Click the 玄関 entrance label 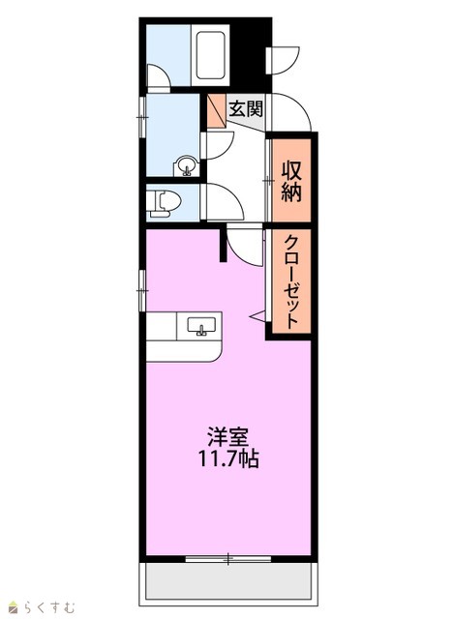pos(246,108)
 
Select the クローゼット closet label pos(291,281)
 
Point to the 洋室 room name pos(228,437)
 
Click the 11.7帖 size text pos(228,458)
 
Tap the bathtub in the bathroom pos(211,55)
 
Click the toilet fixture pos(164,203)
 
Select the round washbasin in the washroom pos(187,165)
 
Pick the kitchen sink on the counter pos(201,326)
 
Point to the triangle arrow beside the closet pos(258,315)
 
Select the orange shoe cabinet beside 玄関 pos(217,111)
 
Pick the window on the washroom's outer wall pos(142,117)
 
